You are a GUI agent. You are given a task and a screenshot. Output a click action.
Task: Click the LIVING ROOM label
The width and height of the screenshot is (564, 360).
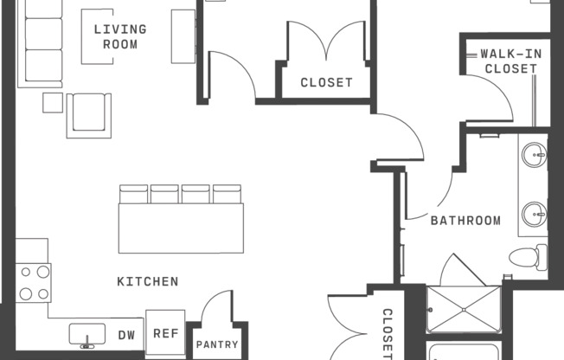coord(120,36)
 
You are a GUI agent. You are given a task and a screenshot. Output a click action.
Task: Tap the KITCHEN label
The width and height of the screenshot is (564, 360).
coord(148,281)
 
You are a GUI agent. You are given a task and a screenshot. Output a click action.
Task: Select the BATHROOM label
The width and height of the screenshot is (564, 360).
coord(465,221)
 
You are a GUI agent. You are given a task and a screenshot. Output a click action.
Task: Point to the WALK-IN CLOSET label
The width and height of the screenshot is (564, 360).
coord(510,61)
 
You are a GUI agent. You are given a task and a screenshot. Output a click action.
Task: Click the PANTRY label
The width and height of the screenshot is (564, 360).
coord(217,344)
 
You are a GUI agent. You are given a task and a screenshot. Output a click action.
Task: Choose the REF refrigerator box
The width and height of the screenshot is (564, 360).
coord(165,332)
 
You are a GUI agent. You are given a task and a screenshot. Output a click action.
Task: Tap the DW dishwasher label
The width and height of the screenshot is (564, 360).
coord(126,336)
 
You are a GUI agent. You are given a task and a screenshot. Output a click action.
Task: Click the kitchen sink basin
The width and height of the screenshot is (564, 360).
coord(87,334)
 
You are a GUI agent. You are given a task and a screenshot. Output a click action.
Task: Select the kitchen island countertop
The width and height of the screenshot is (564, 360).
coord(181,228)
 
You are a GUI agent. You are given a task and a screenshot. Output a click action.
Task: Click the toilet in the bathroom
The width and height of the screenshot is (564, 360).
coord(528,257)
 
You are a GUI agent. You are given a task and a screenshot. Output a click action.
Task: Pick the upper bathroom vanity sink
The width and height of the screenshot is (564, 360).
coord(534,155)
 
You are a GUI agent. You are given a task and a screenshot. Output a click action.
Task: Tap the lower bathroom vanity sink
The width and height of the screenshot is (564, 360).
coord(534,215)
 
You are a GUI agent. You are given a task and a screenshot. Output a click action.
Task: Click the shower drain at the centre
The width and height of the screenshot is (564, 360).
coord(464,310)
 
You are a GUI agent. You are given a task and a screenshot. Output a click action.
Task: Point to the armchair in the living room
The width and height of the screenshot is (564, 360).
coord(89,116)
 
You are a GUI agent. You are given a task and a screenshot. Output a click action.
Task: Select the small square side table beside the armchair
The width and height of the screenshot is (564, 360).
coord(53,103)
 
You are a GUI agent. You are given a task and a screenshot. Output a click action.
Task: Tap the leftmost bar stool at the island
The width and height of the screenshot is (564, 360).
coord(133,194)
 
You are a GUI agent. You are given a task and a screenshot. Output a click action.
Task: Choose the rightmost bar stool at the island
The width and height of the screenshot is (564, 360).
coord(227,194)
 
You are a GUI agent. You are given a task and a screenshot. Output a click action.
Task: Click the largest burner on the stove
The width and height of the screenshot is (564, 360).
coord(43,272)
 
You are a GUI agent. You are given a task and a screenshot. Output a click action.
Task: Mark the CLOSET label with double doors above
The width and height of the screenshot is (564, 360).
coord(326,83)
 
